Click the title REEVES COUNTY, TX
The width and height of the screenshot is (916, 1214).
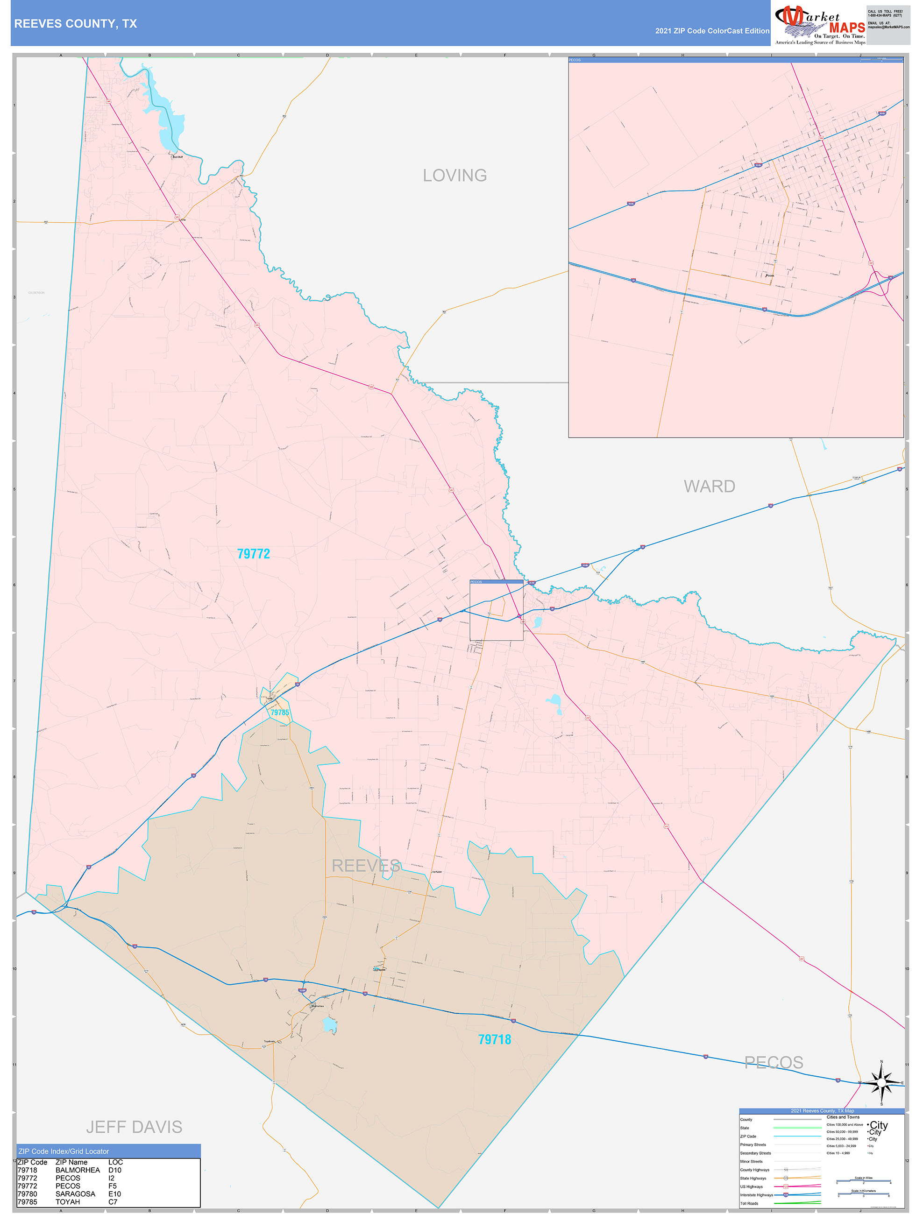(x=76, y=24)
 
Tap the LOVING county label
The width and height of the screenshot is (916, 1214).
(x=454, y=176)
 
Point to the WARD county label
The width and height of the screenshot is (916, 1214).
(x=709, y=486)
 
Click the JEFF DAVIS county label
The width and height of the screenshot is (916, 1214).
(x=134, y=1127)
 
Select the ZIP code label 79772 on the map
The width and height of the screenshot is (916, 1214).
(x=253, y=554)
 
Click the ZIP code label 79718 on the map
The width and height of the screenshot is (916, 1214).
(x=494, y=1039)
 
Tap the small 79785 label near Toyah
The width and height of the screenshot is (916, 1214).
(x=279, y=713)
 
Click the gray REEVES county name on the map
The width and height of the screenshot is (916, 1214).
(x=366, y=866)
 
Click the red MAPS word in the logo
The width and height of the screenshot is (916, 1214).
(x=847, y=28)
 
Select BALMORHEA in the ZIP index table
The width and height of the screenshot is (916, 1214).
(x=78, y=1170)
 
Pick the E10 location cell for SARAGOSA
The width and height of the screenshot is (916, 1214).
(x=114, y=1194)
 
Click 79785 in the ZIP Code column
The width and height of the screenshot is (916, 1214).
(x=27, y=1201)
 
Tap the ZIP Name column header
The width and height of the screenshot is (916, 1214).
(x=71, y=1162)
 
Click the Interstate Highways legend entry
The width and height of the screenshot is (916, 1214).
(x=756, y=1195)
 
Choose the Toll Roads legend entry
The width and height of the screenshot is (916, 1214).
(x=749, y=1203)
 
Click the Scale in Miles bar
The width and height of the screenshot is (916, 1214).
(x=863, y=1182)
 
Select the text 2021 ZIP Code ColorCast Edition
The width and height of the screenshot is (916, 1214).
(x=712, y=31)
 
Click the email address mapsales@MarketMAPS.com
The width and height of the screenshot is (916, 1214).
(x=888, y=27)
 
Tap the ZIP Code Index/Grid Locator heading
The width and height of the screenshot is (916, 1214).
(x=64, y=1151)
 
